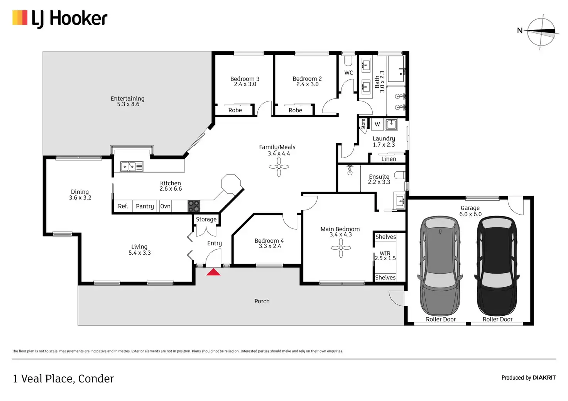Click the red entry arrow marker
(213, 272)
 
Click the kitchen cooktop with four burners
(194, 206)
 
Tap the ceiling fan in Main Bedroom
(341, 247)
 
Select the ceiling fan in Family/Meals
(279, 167)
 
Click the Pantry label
(145, 206)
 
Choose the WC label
(348, 73)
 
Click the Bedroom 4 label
(269, 241)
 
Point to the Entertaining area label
(128, 99)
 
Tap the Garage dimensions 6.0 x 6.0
(470, 214)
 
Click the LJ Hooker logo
(60, 19)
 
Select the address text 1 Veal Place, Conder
(63, 379)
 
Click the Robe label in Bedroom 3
(235, 110)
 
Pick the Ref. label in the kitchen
(123, 206)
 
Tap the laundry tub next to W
(391, 124)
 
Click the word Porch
(262, 301)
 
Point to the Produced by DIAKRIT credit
(528, 378)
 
